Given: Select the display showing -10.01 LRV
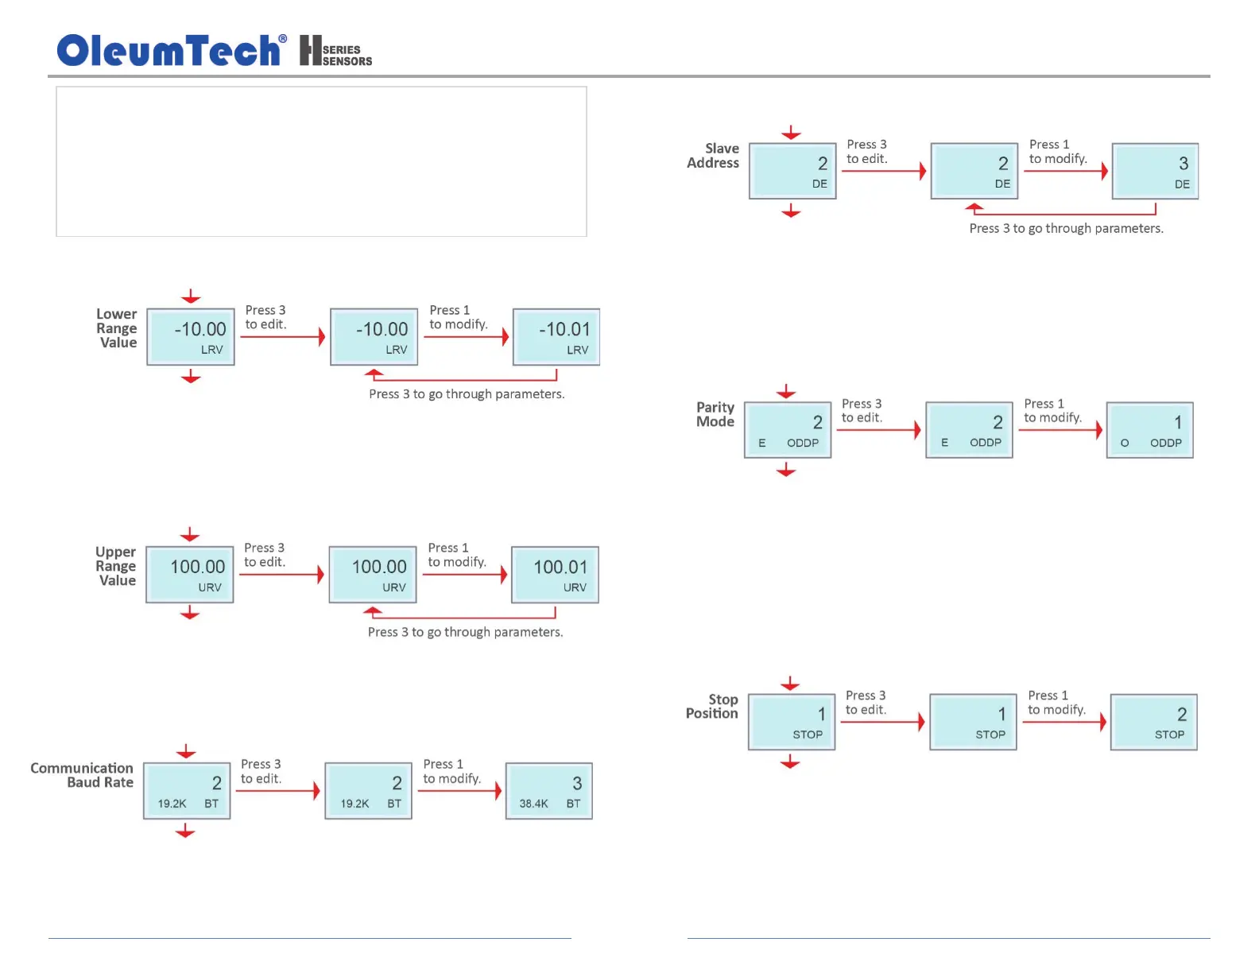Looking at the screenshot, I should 556,337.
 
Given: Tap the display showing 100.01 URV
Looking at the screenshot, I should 555,575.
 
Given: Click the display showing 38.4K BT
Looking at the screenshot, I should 549,791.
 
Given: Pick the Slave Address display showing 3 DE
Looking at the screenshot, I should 1155,171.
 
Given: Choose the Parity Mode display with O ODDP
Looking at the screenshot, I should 1150,430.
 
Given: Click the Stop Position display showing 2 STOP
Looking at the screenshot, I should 1154,723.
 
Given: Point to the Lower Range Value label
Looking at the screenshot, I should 117,328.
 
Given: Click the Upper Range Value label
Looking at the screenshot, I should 116,566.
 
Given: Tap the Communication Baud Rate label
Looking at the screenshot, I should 82,775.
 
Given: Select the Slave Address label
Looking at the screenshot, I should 713,156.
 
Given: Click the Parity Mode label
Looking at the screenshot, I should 715,414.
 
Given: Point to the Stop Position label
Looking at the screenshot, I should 712,707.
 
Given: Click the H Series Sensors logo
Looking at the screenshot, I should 335,51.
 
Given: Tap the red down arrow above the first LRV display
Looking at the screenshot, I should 191,297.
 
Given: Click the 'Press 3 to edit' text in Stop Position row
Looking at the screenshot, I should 866,703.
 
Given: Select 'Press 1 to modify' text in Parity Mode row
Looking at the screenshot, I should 1053,411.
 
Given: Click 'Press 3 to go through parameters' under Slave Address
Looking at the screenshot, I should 1066,229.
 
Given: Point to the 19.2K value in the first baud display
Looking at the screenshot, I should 172,804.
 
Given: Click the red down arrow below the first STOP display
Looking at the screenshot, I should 790,763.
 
